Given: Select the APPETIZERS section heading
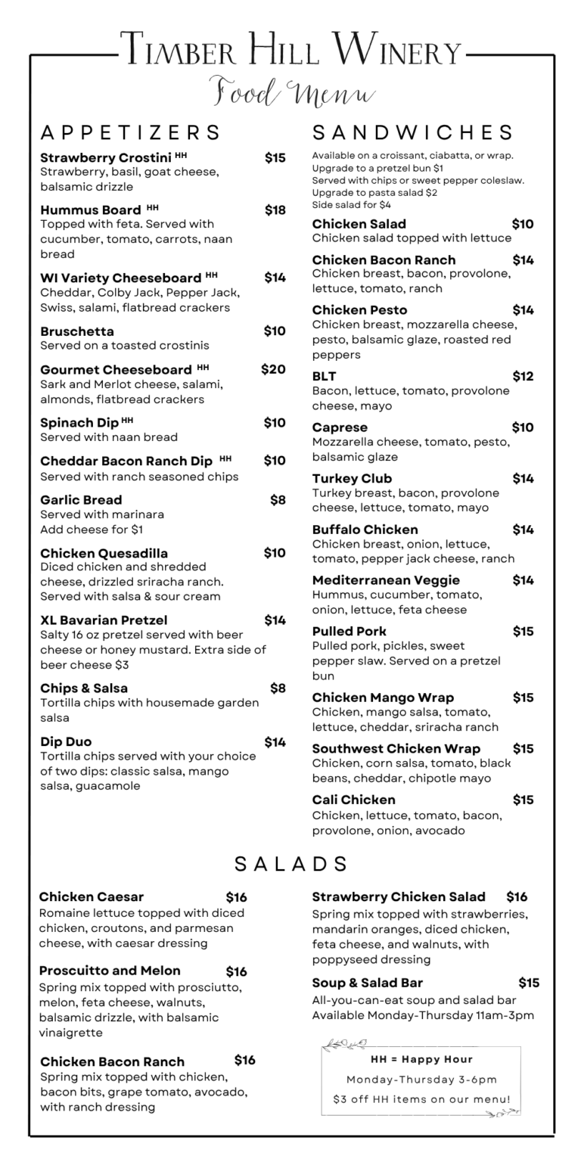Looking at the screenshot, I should (130, 132).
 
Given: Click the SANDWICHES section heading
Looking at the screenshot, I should (413, 132).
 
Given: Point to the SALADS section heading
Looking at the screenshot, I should (291, 864).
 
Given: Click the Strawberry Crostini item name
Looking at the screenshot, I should (105, 158).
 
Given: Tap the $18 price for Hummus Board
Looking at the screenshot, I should (275, 210).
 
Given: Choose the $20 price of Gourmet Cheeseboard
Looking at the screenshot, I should (273, 369).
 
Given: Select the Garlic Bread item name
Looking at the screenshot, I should (81, 499).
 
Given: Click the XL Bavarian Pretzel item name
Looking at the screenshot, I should (104, 620).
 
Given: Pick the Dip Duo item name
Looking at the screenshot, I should (66, 741).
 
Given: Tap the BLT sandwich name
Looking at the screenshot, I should (325, 376).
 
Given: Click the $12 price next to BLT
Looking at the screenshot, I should (523, 376).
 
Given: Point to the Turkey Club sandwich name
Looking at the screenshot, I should (352, 478).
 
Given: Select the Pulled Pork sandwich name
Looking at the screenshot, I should (349, 631).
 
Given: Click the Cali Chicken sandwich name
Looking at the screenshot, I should (353, 800).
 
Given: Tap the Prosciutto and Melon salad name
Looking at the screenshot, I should (110, 971).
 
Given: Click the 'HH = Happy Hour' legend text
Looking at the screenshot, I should (421, 1059).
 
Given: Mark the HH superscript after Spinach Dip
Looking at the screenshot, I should (127, 420).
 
